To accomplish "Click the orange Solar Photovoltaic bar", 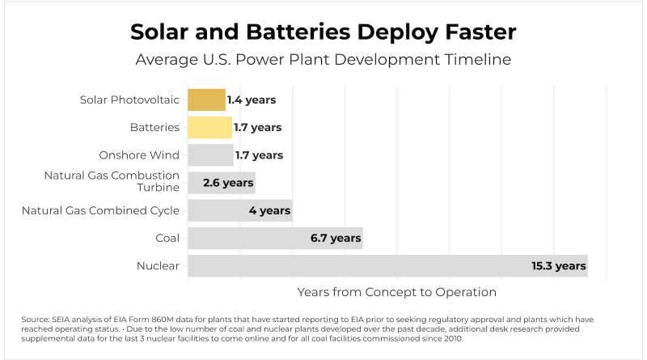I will (x=206, y=100).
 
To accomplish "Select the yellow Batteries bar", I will (x=209, y=128).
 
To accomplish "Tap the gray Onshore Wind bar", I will (x=210, y=155).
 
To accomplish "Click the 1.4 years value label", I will (x=252, y=100).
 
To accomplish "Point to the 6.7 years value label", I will (x=335, y=238).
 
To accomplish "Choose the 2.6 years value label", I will (x=228, y=183).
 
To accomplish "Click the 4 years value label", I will (x=269, y=210).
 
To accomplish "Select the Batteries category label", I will (x=154, y=128).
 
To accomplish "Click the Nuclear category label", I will (x=159, y=265).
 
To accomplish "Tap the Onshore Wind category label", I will (x=139, y=155).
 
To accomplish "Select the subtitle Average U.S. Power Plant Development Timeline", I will (x=323, y=60).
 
